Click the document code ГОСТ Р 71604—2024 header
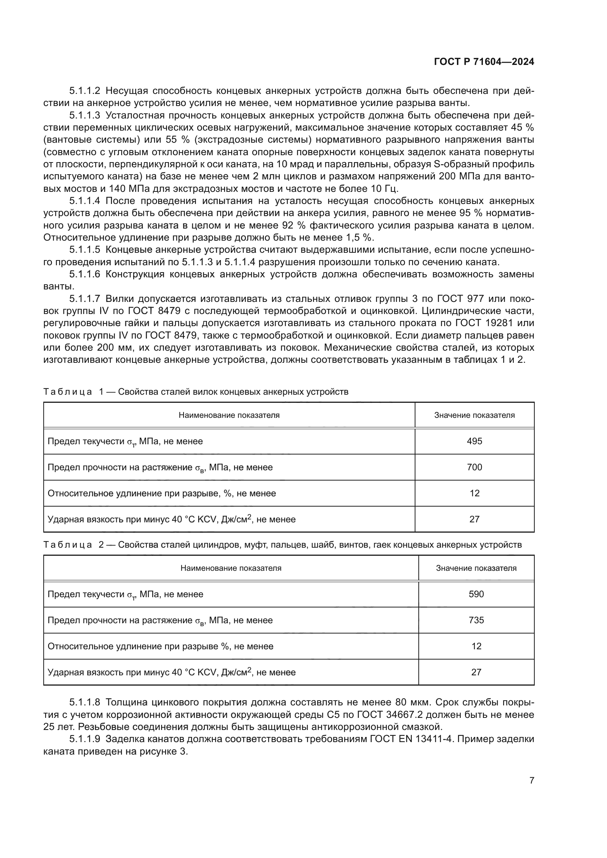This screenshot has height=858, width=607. [484, 62]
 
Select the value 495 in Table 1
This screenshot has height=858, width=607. [474, 441]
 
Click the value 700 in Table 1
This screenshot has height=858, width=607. [474, 467]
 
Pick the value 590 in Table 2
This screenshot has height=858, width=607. [476, 594]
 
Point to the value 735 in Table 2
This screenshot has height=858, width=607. [476, 620]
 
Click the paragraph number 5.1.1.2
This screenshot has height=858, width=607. [84, 91]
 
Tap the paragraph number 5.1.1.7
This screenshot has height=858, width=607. [84, 299]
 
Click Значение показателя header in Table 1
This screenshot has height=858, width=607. [474, 415]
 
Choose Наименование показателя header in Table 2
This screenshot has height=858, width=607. [230, 568]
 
